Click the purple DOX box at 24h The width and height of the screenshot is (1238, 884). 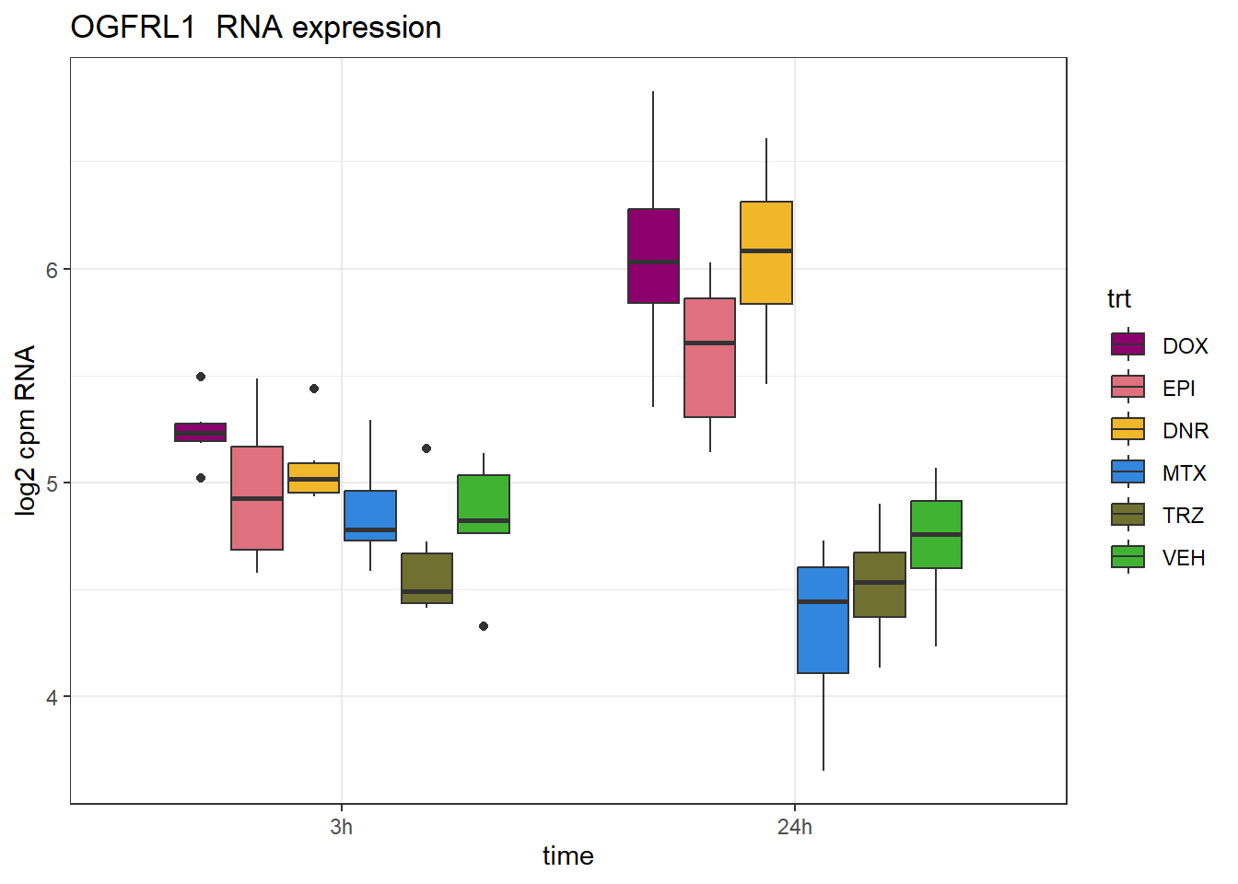(653, 255)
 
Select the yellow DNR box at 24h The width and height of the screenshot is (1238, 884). (766, 252)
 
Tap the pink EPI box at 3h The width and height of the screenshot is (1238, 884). (257, 497)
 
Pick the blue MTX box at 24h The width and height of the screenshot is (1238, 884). (823, 620)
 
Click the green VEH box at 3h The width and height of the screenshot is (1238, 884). (484, 504)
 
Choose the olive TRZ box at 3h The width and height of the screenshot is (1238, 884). (426, 578)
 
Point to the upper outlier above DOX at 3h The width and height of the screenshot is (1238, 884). (201, 377)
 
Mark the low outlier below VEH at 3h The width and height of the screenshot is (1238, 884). (484, 626)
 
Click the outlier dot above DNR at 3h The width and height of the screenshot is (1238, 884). (314, 389)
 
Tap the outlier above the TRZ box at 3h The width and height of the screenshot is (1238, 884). (426, 448)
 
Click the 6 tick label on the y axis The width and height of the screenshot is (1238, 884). (52, 270)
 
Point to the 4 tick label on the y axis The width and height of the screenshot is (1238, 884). (52, 697)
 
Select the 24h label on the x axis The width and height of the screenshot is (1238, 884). (794, 827)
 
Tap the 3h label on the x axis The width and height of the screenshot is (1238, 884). (341, 827)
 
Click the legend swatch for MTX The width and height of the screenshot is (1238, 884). (1128, 472)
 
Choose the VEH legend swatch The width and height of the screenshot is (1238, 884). (1128, 557)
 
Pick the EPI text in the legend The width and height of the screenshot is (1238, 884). (1178, 389)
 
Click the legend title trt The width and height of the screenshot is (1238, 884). (1118, 299)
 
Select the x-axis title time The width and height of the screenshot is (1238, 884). (567, 856)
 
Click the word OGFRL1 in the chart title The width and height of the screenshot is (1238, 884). (133, 28)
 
